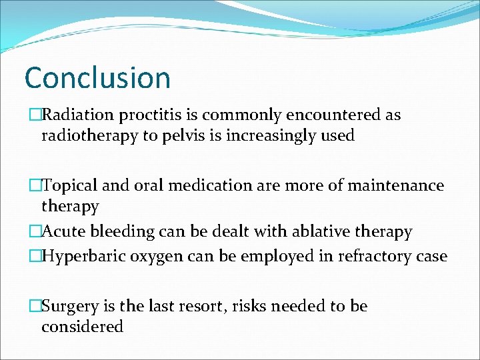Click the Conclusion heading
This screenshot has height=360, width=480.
[97, 78]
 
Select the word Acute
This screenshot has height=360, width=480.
[63, 232]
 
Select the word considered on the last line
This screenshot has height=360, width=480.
[82, 327]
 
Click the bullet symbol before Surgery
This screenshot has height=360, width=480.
[35, 306]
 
